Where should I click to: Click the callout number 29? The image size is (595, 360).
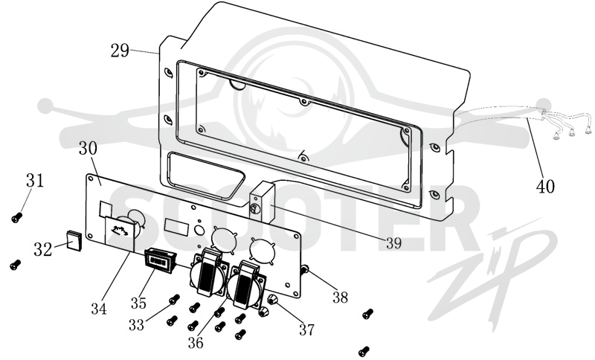click(120, 51)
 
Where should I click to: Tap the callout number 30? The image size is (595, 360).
click(88, 148)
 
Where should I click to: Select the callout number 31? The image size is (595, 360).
click(35, 180)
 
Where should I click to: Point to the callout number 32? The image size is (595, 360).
click(42, 250)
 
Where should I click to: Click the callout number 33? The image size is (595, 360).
click(137, 325)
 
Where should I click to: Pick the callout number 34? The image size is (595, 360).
click(99, 309)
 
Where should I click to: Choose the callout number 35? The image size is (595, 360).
click(138, 303)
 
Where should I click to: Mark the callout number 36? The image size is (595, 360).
click(196, 343)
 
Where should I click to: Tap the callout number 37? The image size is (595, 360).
click(306, 330)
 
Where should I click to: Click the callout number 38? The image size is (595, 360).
click(340, 298)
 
